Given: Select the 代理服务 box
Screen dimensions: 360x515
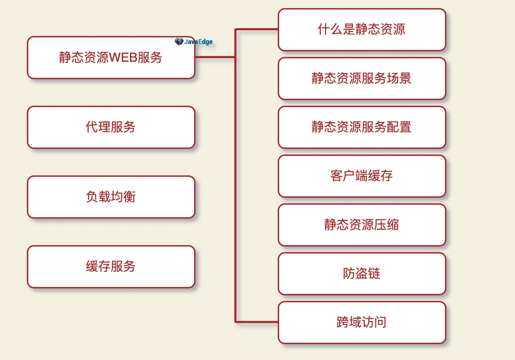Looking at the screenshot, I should point(111,127).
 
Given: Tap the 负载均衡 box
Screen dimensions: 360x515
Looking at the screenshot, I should point(111,197).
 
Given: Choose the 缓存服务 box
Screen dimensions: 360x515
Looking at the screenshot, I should point(111,267).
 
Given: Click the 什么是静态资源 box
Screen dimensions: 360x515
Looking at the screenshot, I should point(362,29).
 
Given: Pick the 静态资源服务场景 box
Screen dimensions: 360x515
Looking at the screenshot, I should point(362,78).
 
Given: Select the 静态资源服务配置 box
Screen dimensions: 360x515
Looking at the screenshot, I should point(362,127).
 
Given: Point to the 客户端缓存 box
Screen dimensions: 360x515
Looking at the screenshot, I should point(362,176).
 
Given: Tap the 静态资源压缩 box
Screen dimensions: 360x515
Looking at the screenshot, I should point(362,225).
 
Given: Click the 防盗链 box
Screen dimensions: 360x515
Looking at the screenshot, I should point(362,273).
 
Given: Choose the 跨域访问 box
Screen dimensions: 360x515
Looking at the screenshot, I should point(362,322).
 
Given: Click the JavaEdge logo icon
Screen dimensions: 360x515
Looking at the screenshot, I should point(179,41).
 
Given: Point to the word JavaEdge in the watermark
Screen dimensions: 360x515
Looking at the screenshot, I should point(199,42).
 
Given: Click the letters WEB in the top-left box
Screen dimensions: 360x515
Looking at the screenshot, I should point(123,57).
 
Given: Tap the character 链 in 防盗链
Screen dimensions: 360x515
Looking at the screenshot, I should point(374,273).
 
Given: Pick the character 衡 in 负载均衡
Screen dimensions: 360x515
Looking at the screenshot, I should point(129,197).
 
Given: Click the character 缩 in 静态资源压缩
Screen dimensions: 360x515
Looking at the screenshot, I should point(393,225).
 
